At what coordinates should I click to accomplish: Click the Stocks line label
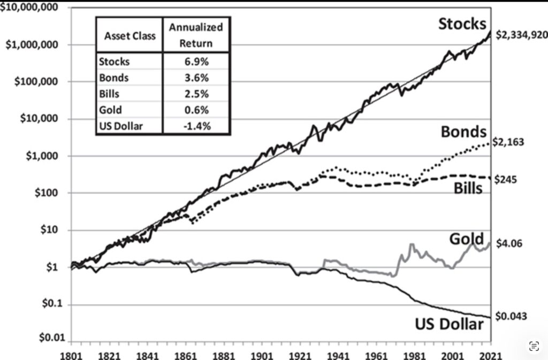tap(462, 24)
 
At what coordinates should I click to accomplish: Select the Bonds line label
tap(463, 132)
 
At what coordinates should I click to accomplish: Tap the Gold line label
tap(467, 239)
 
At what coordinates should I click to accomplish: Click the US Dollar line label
tap(449, 323)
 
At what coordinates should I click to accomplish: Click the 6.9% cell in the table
tap(195, 61)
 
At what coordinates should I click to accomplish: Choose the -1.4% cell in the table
tap(195, 126)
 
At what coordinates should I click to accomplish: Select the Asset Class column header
tap(130, 36)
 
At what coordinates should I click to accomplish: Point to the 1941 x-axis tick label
tap(335, 354)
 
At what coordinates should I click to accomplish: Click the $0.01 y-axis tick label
tap(49, 338)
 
